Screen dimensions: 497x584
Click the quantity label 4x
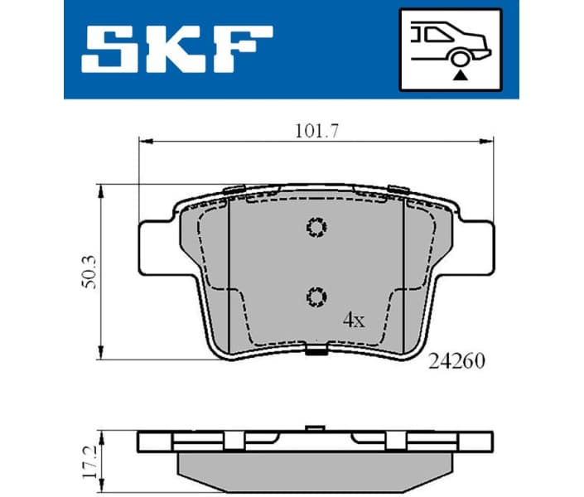(353, 321)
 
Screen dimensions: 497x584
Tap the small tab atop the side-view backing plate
(314, 429)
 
